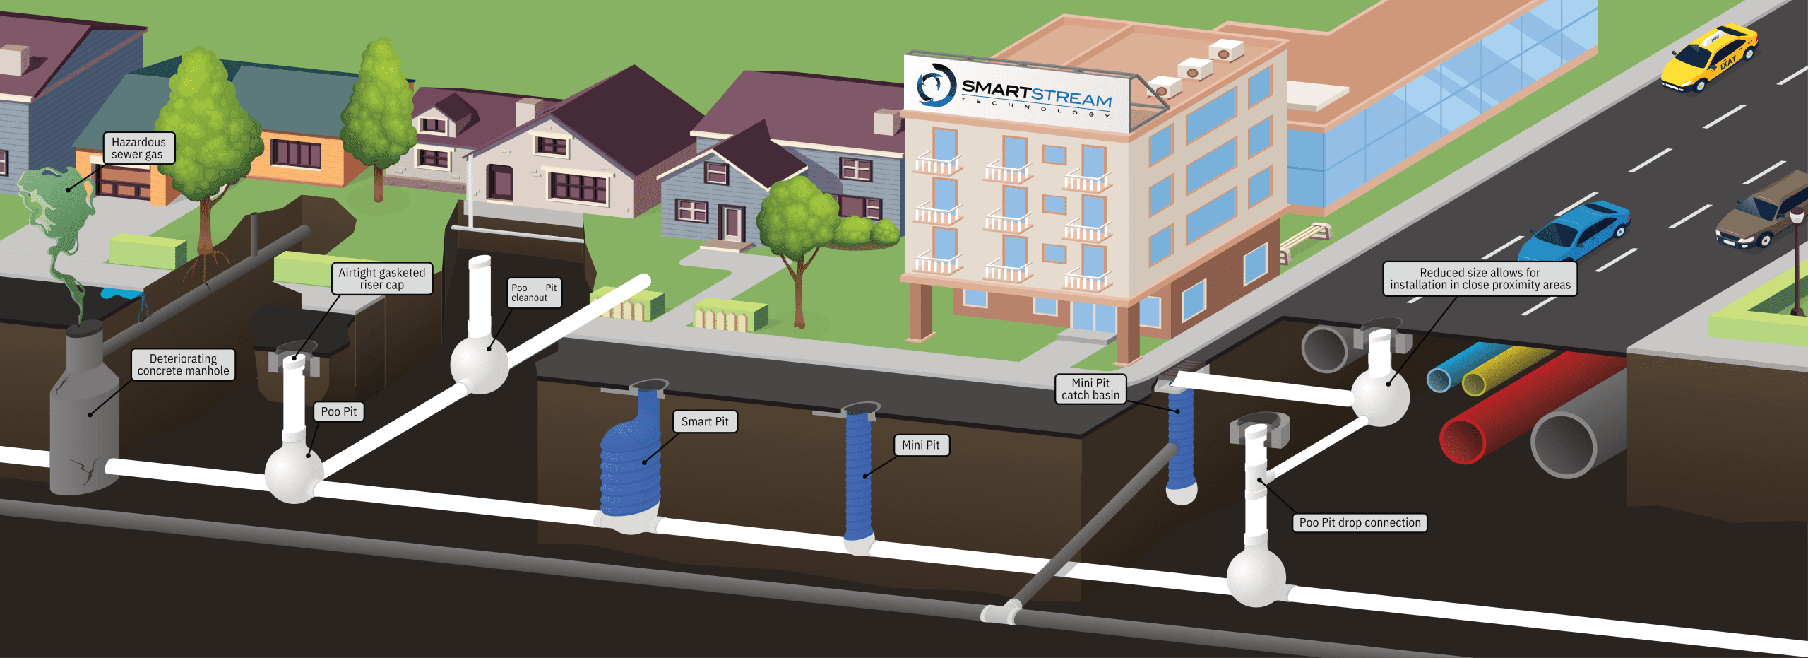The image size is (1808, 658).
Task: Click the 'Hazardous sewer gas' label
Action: pos(138,148)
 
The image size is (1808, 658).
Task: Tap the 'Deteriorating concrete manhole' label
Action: pos(183,365)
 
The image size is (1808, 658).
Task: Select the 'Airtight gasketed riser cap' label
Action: pos(381,278)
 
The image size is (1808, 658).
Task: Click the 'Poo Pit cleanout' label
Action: pos(534,293)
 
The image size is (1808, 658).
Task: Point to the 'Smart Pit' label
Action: pos(704,422)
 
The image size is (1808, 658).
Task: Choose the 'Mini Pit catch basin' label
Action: pos(1090,389)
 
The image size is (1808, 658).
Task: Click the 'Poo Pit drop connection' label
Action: pos(1359,523)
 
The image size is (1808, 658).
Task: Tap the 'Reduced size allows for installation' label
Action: pos(1480,278)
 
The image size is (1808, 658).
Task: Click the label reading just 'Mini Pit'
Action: pos(920,445)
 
